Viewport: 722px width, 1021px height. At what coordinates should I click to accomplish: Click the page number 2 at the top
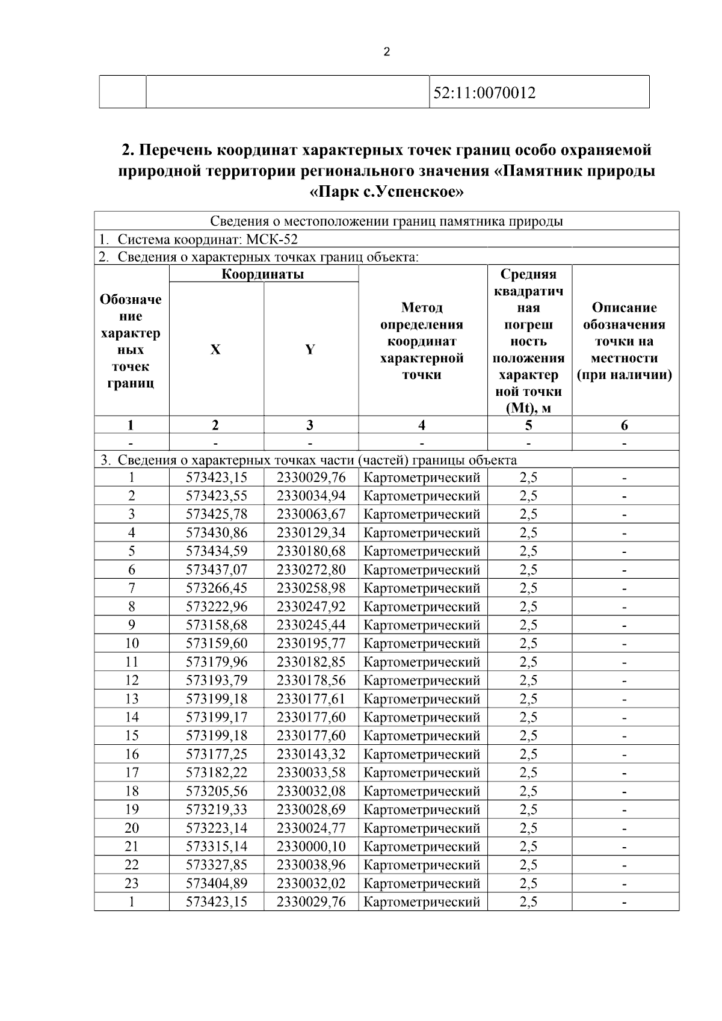386,52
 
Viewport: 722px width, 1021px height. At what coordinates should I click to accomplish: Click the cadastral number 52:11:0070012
484,93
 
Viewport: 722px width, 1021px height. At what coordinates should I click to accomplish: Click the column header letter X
215,350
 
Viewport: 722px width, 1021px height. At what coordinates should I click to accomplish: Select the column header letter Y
310,350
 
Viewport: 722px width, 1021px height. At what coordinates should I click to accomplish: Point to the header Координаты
263,274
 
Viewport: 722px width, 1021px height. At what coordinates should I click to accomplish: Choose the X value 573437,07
217,570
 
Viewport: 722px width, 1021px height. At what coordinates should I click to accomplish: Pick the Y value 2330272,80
311,570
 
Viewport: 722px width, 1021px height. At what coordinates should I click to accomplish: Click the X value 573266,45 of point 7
217,588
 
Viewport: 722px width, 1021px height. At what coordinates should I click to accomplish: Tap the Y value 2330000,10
311,847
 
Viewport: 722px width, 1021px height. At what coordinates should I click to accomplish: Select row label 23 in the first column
131,883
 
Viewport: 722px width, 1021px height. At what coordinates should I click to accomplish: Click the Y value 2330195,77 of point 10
311,643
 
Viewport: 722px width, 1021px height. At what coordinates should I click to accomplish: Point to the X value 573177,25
217,754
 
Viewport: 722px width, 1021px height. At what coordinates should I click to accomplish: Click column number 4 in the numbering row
422,425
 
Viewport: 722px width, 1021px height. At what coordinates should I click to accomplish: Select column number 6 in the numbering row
625,425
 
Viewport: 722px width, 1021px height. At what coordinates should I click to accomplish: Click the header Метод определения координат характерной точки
422,341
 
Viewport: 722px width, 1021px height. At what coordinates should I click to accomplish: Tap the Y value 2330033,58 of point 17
311,773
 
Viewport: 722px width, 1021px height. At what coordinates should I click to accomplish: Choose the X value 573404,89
217,883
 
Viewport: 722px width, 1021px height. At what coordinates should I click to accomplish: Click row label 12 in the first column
131,680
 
